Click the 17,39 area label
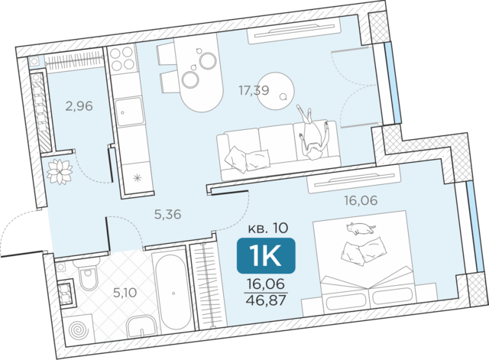click(x=254, y=90)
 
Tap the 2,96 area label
click(x=79, y=106)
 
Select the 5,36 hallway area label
click(x=168, y=214)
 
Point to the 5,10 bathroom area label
click(x=125, y=293)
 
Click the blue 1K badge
click(x=266, y=256)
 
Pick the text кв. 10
click(x=268, y=229)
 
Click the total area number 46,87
click(x=266, y=300)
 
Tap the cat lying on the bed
click(x=361, y=229)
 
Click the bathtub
click(x=173, y=293)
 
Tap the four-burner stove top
click(x=122, y=60)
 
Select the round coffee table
click(x=276, y=91)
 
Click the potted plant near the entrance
click(x=60, y=171)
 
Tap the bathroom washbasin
click(x=141, y=326)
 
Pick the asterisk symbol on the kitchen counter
click(x=138, y=178)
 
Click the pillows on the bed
click(x=364, y=251)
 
